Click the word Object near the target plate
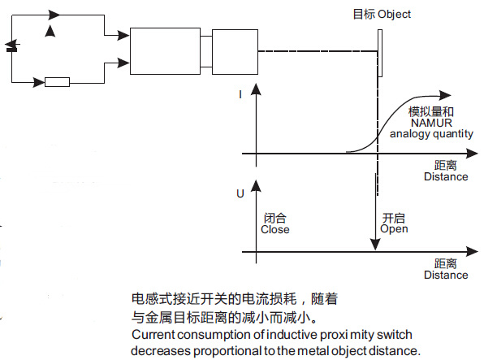(x=394, y=15)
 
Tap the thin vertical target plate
(x=380, y=53)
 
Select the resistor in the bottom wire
(x=57, y=82)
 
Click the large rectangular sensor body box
(x=165, y=51)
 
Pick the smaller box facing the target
(x=235, y=52)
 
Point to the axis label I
(x=240, y=94)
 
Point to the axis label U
(x=240, y=193)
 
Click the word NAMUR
(x=431, y=123)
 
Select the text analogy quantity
(x=431, y=134)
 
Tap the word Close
(x=275, y=230)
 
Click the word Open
(x=394, y=229)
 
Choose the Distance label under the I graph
(x=446, y=177)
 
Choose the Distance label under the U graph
(x=446, y=275)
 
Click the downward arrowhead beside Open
(x=375, y=245)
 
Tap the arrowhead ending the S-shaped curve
(x=445, y=95)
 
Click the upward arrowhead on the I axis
(x=256, y=89)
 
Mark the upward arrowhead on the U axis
(x=256, y=186)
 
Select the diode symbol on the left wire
(x=12, y=46)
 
